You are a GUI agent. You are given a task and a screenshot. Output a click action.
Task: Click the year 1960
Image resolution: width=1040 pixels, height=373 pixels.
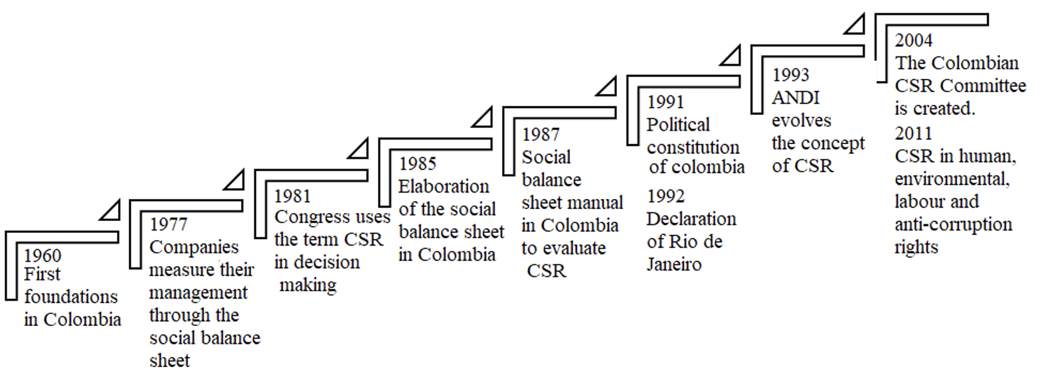(43, 256)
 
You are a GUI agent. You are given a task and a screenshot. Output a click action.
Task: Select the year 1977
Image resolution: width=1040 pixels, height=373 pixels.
(169, 224)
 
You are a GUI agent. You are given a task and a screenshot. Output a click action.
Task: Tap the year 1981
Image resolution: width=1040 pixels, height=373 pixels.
(293, 196)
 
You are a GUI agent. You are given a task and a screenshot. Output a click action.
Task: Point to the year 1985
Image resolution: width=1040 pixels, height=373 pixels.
(418, 163)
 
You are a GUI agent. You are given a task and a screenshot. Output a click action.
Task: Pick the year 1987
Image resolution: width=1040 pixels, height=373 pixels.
(541, 135)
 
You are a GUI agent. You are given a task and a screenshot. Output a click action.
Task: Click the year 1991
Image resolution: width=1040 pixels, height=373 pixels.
(665, 102)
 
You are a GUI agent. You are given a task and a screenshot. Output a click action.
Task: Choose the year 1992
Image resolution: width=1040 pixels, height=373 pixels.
(665, 196)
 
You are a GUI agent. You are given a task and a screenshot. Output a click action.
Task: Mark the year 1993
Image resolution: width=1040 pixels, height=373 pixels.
(791, 75)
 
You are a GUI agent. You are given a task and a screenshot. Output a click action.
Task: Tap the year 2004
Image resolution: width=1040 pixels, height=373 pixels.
(914, 40)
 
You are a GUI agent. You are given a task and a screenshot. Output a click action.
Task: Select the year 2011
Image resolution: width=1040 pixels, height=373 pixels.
(914, 133)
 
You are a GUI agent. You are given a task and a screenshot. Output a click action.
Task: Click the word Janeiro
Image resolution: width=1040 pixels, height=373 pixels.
(674, 265)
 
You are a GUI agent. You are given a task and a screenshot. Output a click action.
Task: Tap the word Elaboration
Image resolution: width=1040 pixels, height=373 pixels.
(444, 186)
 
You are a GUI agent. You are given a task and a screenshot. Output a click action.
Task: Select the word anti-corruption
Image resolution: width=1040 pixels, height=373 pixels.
(953, 224)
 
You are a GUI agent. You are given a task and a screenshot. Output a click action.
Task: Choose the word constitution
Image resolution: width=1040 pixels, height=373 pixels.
(693, 146)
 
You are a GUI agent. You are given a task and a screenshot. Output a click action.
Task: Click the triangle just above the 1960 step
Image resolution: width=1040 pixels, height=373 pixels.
(111, 210)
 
